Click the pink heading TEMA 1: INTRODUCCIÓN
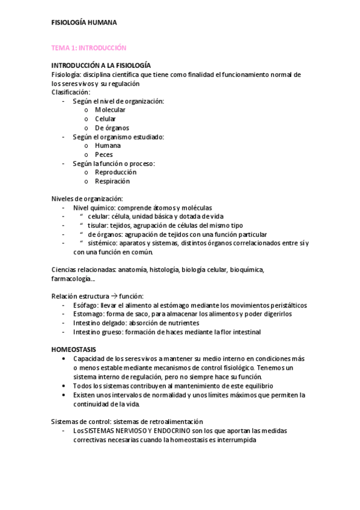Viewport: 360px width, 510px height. [88, 48]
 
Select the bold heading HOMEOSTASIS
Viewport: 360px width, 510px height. [75, 349]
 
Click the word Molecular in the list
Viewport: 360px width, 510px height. [110, 110]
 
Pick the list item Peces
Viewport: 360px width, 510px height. [103, 155]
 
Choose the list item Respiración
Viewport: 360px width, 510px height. [112, 181]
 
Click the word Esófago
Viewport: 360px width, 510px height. [85, 306]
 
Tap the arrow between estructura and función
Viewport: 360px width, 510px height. [114, 296]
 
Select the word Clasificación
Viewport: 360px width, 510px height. [70, 92]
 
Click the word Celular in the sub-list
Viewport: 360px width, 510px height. [105, 119]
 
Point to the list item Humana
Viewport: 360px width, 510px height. [108, 146]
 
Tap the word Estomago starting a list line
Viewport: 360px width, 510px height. [88, 314]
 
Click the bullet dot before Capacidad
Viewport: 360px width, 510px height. [64, 358]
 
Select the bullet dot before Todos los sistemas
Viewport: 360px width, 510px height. [64, 385]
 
